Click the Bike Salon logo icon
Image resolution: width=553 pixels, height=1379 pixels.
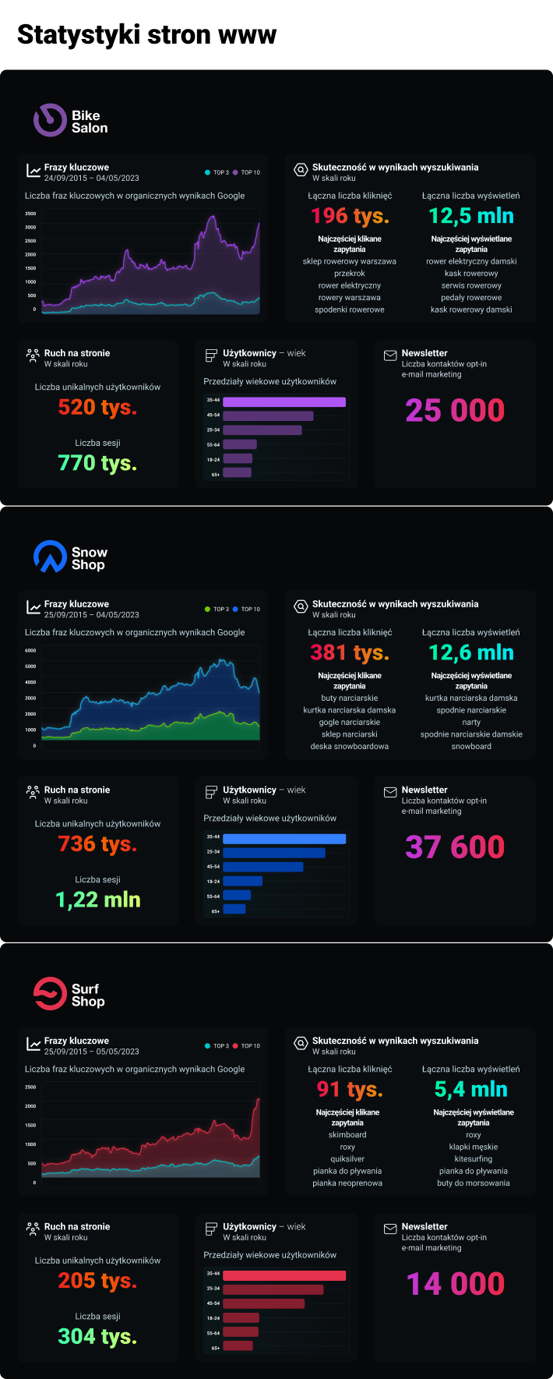point(50,121)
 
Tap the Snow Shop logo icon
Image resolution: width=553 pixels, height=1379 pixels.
point(50,557)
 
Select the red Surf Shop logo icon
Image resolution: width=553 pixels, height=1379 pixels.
point(50,994)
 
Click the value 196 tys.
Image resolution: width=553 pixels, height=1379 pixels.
point(350,216)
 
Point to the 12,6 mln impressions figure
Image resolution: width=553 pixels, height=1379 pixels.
point(471,652)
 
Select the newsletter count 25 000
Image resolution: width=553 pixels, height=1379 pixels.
point(455,410)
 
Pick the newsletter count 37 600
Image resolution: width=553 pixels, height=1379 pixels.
point(455,847)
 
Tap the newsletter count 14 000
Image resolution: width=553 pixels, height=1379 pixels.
point(455,1283)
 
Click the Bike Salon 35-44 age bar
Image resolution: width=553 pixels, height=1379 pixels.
point(284,401)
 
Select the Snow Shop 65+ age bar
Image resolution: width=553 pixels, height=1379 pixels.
point(234,909)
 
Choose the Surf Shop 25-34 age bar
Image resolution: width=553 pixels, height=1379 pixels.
point(273,1289)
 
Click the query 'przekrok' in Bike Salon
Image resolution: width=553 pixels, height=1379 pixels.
point(350,274)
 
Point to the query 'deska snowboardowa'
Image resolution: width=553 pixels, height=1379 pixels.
point(350,746)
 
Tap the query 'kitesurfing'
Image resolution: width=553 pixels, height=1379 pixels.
point(474,1159)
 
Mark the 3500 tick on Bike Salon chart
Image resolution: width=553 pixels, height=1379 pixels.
point(30,214)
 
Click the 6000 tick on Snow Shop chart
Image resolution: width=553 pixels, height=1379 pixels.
point(30,650)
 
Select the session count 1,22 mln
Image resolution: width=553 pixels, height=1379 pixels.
point(98,900)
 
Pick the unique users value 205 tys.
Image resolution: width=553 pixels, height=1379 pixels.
point(97,1280)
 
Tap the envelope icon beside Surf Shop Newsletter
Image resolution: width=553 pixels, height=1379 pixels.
point(390,1229)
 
